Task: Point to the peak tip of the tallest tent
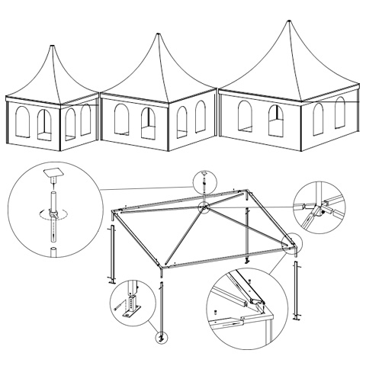(289, 21)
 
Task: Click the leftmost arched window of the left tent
(21, 122)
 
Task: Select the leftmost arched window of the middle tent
(120, 120)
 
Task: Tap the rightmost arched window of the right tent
(339, 114)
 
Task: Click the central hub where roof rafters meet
(204, 208)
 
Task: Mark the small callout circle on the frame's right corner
(290, 243)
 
